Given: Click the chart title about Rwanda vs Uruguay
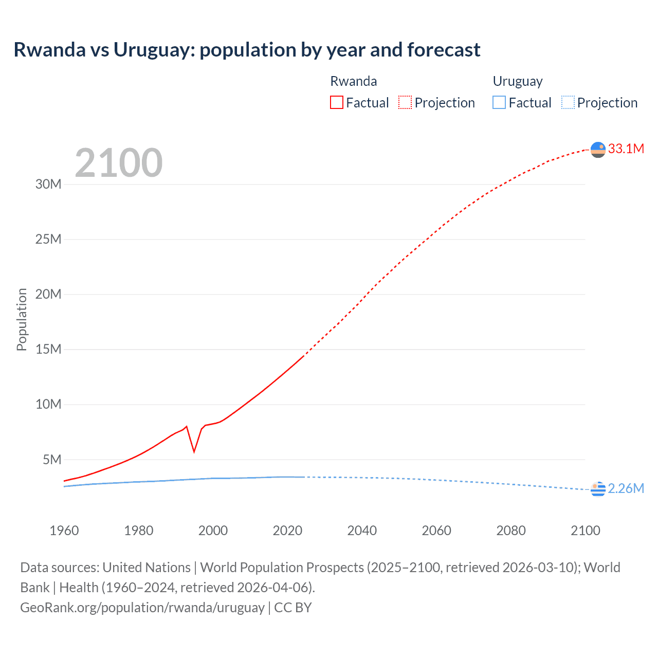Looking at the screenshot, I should (x=247, y=50).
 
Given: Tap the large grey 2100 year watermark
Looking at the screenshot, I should (x=119, y=163).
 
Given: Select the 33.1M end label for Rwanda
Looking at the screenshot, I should (x=626, y=149).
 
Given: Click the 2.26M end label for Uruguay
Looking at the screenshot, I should (x=626, y=488).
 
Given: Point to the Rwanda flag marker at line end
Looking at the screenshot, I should (x=598, y=150).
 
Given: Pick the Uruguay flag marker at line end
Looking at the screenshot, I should (x=598, y=489).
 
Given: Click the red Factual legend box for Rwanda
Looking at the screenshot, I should (x=336, y=103).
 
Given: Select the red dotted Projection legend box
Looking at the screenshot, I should (x=405, y=103).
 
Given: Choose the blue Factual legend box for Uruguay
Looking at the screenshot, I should (x=499, y=103).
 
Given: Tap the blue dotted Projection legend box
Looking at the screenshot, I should (x=568, y=103).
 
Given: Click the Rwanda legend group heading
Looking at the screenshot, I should (x=353, y=81).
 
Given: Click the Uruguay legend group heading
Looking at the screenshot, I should (x=518, y=81).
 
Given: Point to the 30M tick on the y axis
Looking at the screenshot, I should (x=48, y=184).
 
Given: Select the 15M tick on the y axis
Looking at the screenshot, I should (x=48, y=350).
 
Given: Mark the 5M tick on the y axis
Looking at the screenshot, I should (x=52, y=460).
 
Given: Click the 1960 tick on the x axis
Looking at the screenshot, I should (x=64, y=531).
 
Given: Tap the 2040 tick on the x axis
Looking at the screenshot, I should (x=362, y=531).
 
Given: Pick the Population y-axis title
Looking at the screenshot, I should (x=22, y=319).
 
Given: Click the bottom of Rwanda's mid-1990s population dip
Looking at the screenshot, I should (x=194, y=451).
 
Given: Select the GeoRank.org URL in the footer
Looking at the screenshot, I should (x=142, y=608).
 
